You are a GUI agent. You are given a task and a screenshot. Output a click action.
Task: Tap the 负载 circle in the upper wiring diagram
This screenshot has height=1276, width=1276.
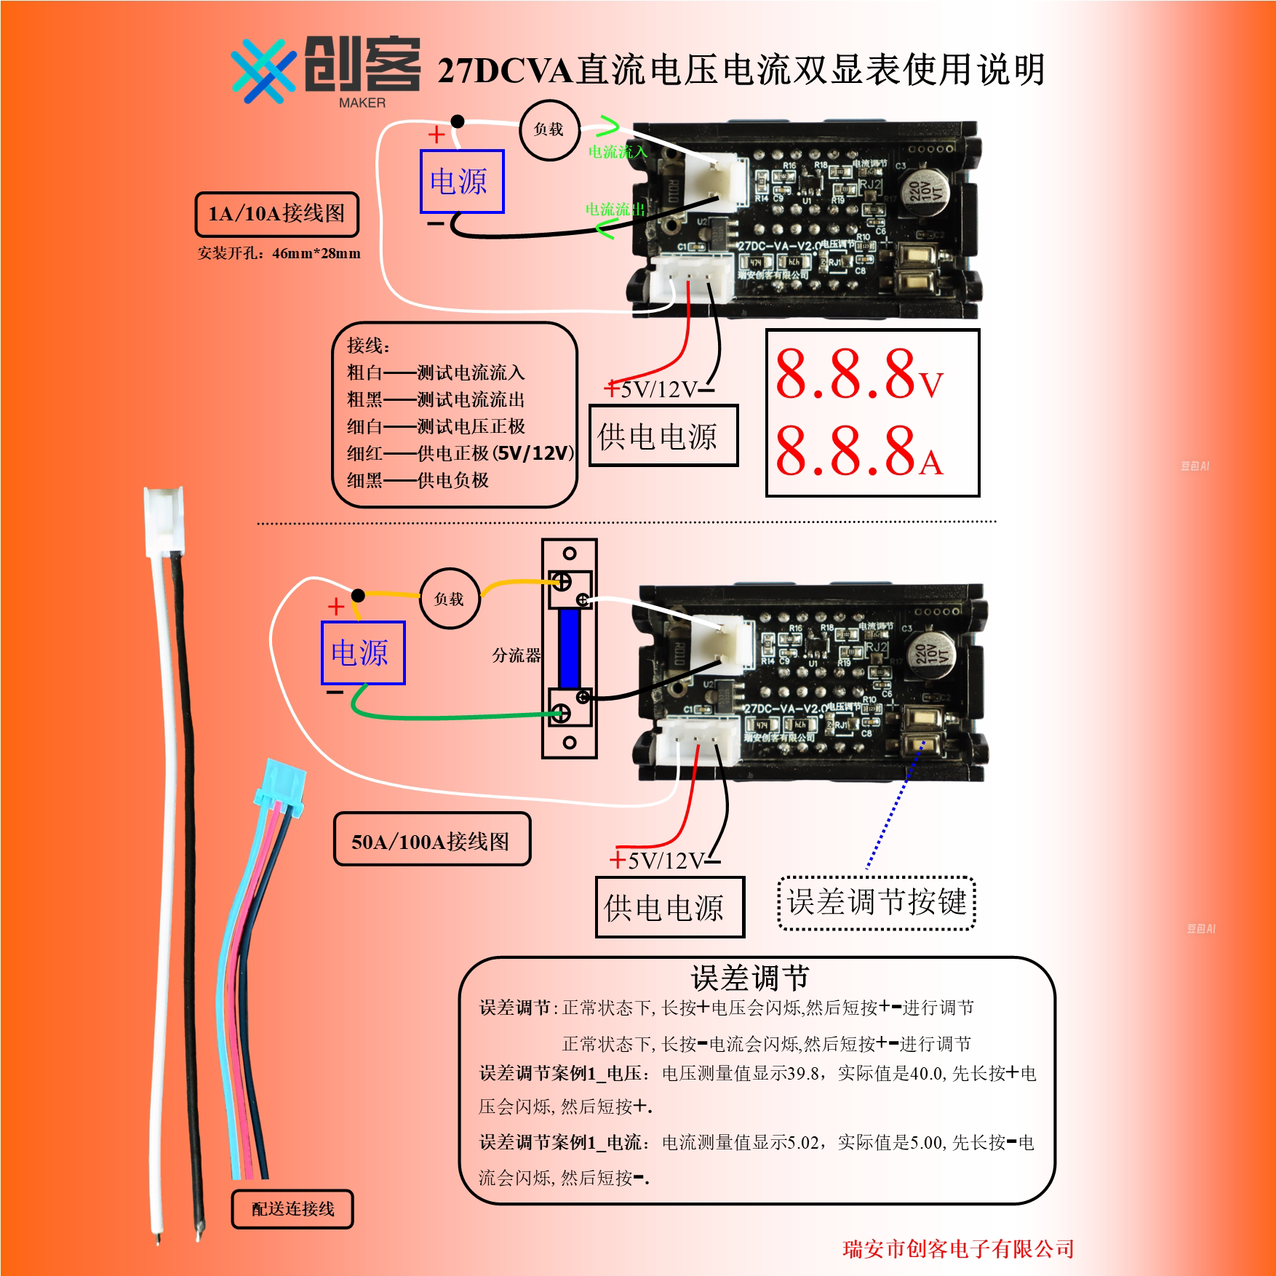549,129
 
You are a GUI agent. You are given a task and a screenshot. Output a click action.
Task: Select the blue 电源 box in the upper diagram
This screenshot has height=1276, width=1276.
462,181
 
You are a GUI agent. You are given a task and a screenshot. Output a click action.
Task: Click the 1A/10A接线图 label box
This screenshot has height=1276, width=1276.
276,214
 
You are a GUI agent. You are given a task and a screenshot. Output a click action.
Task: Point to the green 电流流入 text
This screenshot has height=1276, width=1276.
617,151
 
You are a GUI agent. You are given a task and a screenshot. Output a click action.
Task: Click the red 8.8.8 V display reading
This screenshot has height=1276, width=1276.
858,375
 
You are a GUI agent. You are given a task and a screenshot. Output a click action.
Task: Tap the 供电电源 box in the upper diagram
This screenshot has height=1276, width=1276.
663,436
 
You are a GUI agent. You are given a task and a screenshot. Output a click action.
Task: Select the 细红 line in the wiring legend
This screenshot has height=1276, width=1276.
460,453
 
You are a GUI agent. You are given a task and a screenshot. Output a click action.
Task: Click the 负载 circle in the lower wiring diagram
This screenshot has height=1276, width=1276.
450,599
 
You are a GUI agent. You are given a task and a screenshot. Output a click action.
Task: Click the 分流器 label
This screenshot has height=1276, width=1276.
516,655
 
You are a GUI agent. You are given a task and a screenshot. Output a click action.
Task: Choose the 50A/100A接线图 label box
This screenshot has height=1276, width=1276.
431,841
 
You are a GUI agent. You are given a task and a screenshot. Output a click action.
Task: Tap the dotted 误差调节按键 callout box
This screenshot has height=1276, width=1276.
876,903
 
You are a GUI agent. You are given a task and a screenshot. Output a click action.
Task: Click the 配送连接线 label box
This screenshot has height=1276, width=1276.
292,1208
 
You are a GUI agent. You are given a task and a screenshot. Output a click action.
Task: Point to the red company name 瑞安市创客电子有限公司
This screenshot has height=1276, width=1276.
957,1248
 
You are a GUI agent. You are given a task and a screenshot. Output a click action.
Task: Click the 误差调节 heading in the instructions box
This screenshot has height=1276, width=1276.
750,978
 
